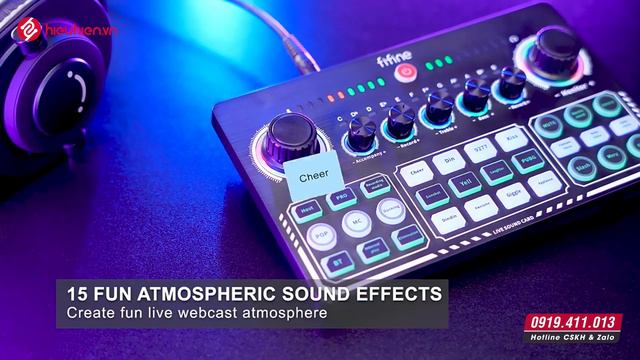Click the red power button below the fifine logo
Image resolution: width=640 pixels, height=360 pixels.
point(405,72)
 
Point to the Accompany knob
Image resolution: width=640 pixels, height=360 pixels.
point(363,127)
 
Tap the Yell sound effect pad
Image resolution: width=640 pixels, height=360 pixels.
point(462,185)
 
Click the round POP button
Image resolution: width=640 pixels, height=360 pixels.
point(321,236)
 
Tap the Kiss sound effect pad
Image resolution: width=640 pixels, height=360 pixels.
point(512,138)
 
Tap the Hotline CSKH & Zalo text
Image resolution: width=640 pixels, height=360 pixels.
point(578,340)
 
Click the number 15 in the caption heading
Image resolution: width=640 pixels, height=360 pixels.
point(78,294)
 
